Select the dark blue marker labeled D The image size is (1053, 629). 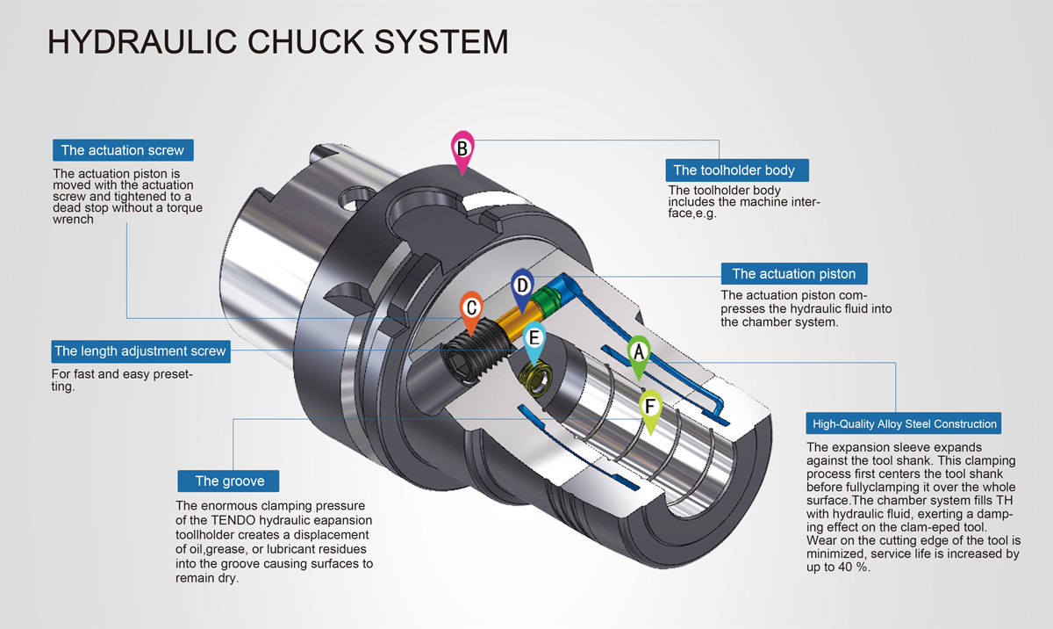[521, 286]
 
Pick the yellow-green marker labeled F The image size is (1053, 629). [650, 408]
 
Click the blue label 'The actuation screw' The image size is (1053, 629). [123, 150]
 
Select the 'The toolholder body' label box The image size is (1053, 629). [734, 170]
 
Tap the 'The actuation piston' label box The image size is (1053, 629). [793, 273]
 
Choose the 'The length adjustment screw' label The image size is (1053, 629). [140, 351]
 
